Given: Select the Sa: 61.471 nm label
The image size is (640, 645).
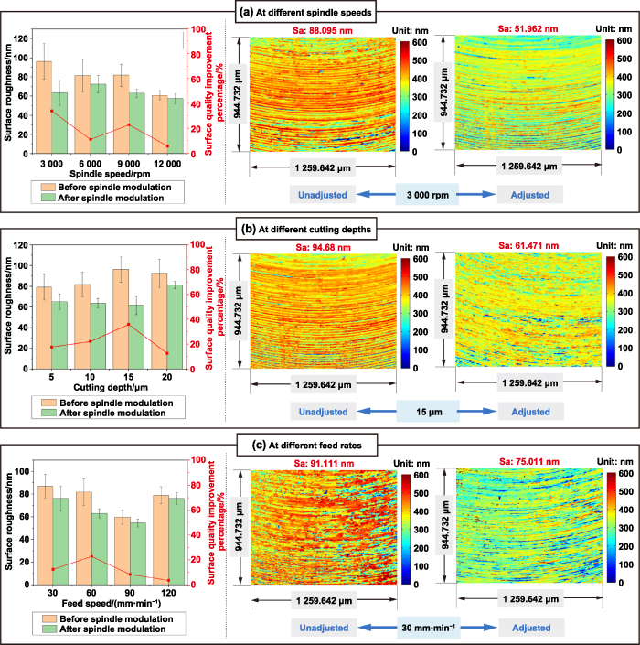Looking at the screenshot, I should coord(523,244).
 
